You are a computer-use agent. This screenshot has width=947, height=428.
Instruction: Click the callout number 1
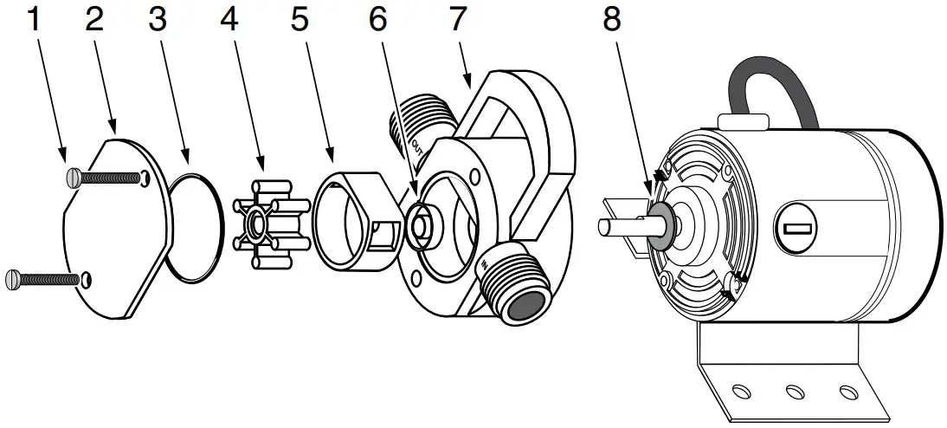click(x=35, y=20)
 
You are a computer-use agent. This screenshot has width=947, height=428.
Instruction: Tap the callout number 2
click(x=94, y=20)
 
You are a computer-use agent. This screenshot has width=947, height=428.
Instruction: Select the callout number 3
click(x=157, y=20)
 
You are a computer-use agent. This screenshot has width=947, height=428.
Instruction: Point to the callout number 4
click(x=229, y=20)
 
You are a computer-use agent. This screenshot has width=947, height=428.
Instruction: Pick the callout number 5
click(x=300, y=20)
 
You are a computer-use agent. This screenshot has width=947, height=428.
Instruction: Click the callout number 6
click(x=377, y=20)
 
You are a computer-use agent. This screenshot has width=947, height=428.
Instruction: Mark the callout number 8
click(x=612, y=20)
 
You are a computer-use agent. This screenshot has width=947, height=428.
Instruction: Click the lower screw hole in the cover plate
click(x=87, y=279)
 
